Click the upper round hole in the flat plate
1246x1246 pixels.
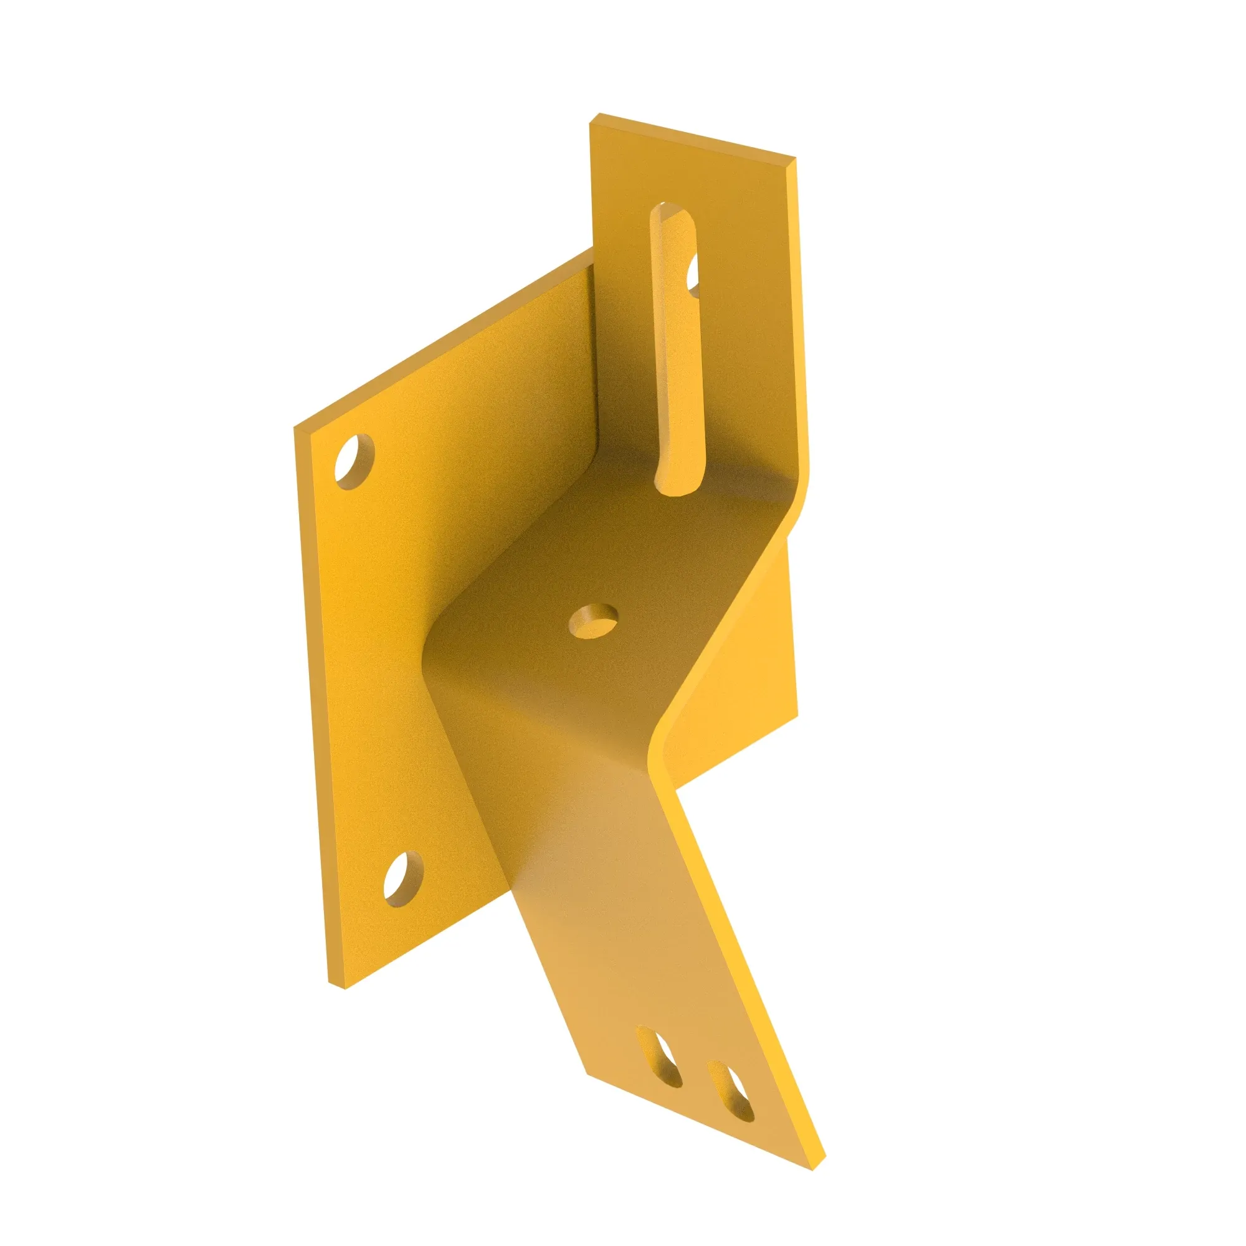tap(354, 461)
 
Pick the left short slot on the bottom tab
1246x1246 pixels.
tap(659, 1066)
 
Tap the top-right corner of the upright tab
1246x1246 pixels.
tap(792, 161)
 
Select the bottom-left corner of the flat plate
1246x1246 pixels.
tap(332, 1002)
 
